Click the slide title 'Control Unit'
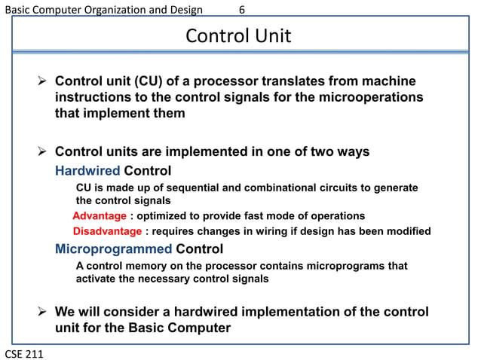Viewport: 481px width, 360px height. (238, 36)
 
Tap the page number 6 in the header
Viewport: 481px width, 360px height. (242, 10)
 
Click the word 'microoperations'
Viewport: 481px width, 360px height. (370, 98)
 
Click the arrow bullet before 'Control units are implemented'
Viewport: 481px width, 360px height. (44, 151)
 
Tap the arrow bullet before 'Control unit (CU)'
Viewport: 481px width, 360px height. (44, 81)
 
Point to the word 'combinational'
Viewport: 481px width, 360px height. (260, 187)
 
